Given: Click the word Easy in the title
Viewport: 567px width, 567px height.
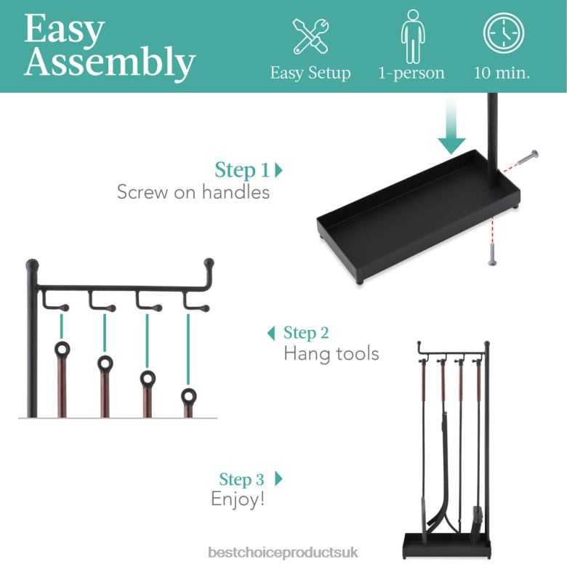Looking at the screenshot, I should click(63, 30).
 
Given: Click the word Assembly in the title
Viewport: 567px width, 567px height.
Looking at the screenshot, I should click(109, 63).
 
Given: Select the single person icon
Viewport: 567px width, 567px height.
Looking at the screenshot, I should click(411, 36).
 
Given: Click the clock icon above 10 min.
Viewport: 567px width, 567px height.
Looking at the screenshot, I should click(503, 33).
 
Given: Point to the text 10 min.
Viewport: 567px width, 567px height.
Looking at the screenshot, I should click(502, 73).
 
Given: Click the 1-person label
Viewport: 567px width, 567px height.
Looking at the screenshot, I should click(411, 73).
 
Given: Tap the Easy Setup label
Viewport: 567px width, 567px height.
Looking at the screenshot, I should click(310, 73).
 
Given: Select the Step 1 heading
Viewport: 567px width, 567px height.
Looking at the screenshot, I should click(243, 170).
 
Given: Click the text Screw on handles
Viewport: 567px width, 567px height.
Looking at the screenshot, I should click(193, 192).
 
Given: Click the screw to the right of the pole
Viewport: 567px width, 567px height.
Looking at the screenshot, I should click(528, 157).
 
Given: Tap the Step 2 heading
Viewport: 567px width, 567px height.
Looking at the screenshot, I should click(305, 333).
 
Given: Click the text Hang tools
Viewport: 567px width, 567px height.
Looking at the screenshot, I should click(331, 354).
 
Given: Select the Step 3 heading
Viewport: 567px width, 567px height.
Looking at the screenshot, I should click(242, 480).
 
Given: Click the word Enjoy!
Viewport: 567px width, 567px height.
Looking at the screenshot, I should click(238, 499).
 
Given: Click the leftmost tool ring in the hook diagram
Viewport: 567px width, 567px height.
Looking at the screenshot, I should click(63, 350).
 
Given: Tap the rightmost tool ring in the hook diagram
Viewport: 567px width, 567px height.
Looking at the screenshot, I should click(189, 396).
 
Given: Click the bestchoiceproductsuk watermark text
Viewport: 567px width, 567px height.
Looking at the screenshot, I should click(283, 552).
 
